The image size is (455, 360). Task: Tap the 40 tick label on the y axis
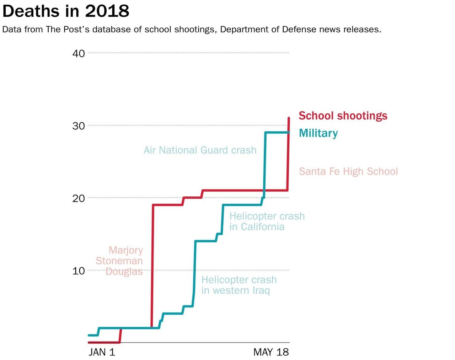click(79, 53)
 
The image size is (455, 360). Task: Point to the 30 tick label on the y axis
click(79, 126)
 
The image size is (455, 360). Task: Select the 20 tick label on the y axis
click(79, 198)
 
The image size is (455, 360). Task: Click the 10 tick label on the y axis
click(79, 271)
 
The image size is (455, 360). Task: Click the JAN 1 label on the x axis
click(102, 352)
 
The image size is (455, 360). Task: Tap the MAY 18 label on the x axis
click(271, 352)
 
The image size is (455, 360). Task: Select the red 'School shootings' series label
click(343, 116)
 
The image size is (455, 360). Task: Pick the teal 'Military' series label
click(318, 133)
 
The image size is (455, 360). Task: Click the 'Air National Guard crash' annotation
click(200, 150)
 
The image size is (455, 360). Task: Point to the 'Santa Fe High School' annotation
click(348, 172)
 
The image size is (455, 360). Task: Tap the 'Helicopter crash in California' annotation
click(267, 221)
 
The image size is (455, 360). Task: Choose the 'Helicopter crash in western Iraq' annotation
click(239, 285)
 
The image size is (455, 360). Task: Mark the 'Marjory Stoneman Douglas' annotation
click(120, 261)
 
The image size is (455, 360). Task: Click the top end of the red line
click(289, 118)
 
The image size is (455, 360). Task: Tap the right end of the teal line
click(289, 133)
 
